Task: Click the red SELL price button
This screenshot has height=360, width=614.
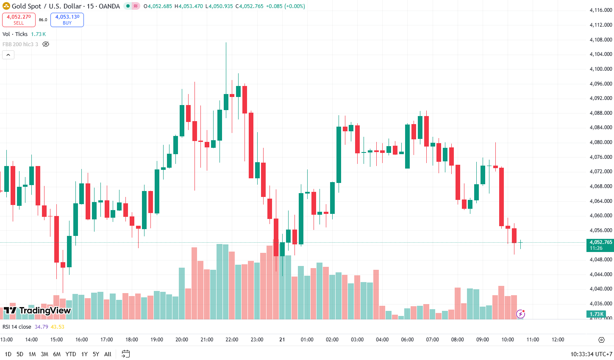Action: pos(19,19)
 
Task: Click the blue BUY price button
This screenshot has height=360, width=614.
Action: pos(67,19)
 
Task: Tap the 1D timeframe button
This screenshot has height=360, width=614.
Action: pos(8,354)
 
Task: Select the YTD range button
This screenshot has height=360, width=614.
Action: pos(71,354)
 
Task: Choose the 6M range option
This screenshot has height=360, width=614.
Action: pos(57,354)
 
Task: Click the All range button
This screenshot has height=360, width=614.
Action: pos(108,354)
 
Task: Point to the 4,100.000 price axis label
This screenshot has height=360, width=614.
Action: pos(601,69)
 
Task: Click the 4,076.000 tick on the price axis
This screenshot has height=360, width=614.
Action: pos(601,157)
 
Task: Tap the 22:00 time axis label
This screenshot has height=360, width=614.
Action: pos(232,340)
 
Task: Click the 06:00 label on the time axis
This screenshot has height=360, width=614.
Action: pos(407,340)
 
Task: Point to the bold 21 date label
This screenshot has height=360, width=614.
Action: pos(282,340)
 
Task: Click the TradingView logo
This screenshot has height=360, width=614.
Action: pos(37,310)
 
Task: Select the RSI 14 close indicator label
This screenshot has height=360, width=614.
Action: pos(17,327)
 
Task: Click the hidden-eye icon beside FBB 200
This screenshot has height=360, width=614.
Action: pos(46,44)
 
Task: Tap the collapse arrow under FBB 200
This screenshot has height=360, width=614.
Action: pos(8,55)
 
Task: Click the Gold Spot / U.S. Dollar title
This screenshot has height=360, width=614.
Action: pos(66,6)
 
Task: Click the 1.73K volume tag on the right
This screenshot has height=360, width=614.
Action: pos(596,314)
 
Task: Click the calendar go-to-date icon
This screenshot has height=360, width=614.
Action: pos(125,354)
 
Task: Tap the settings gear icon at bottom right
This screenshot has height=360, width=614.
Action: pos(601,340)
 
